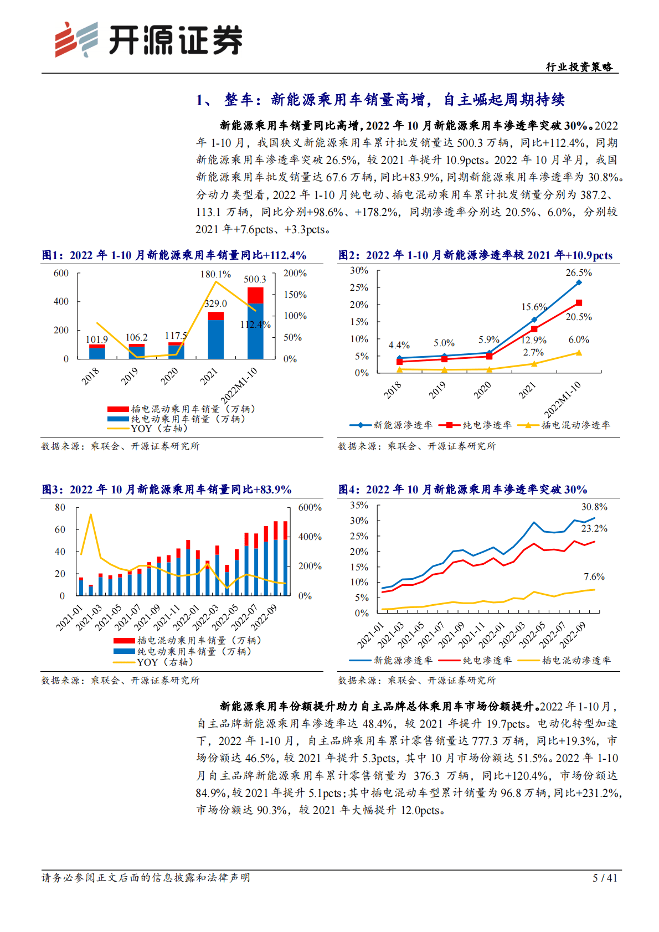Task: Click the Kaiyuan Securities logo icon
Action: (x=76, y=39)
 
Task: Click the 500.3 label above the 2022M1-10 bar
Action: (x=255, y=279)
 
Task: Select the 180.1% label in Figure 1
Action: (x=215, y=274)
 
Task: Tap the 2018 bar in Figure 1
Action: (x=97, y=352)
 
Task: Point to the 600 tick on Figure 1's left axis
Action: (x=61, y=273)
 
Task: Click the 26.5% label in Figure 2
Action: (x=579, y=272)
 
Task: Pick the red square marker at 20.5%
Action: (x=579, y=303)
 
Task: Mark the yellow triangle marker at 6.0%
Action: (x=579, y=353)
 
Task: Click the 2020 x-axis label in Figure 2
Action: (x=482, y=390)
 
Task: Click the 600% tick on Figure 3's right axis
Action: (x=310, y=507)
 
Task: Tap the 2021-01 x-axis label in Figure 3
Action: (x=70, y=617)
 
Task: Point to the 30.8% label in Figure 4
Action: (x=594, y=507)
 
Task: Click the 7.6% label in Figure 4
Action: (x=594, y=576)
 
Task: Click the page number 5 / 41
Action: (x=605, y=878)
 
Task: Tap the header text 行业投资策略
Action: (x=579, y=67)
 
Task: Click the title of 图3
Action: (x=167, y=490)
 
